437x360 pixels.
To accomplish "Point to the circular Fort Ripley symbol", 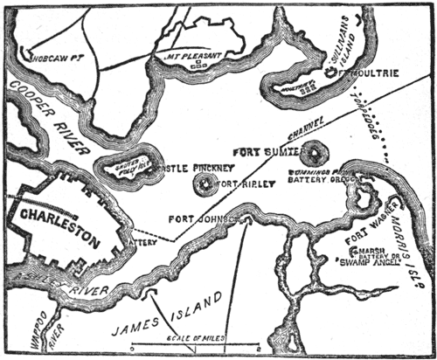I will pyautogui.click(x=206, y=184).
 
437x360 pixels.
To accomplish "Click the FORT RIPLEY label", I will pyautogui.click(x=245, y=184).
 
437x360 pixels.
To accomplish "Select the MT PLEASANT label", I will pyautogui.click(x=192, y=54).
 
